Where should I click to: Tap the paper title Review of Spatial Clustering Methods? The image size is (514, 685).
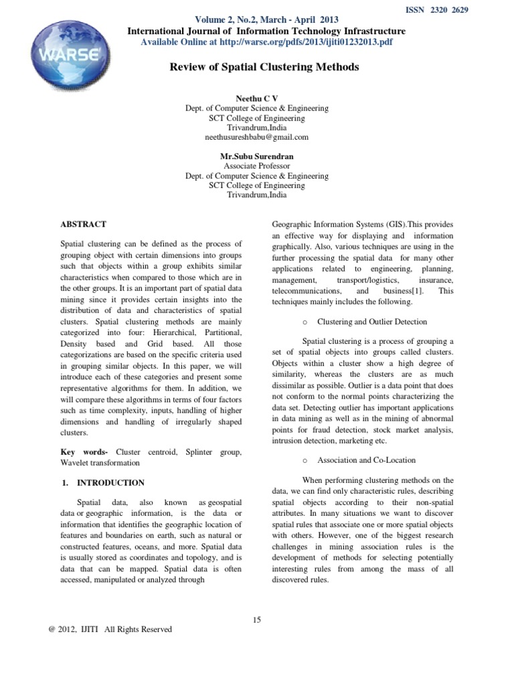pyautogui.click(x=266, y=67)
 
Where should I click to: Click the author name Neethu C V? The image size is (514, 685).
pyautogui.click(x=256, y=98)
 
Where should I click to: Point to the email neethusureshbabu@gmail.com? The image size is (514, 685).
pyautogui.click(x=256, y=136)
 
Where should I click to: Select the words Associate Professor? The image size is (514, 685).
pyautogui.click(x=256, y=166)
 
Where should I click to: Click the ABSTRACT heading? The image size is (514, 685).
pyautogui.click(x=83, y=225)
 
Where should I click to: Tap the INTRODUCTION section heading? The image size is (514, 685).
pyautogui.click(x=110, y=482)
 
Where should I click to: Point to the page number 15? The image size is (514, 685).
pyautogui.click(x=257, y=619)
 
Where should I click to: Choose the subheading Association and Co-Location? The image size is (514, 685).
pyautogui.click(x=366, y=460)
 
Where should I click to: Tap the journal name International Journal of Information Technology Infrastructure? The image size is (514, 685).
pyautogui.click(x=266, y=31)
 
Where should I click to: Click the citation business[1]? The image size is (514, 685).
pyautogui.click(x=404, y=292)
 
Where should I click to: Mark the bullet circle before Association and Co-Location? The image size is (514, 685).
pyautogui.click(x=305, y=461)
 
